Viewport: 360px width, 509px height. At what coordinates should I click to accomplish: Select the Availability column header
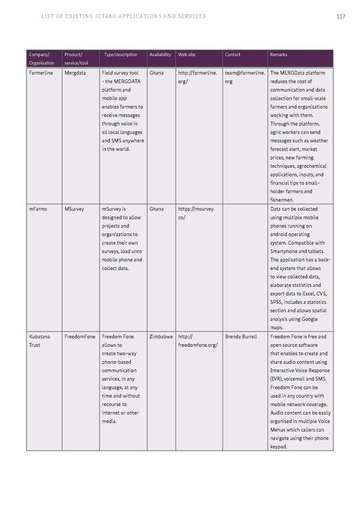[160, 54]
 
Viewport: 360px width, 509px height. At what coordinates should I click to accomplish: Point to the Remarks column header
[278, 54]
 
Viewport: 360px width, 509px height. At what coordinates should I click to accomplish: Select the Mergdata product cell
[75, 73]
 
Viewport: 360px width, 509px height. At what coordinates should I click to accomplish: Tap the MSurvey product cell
[75, 209]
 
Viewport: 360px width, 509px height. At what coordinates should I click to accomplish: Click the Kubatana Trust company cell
[39, 341]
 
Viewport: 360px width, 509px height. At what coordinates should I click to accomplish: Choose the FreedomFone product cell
[80, 337]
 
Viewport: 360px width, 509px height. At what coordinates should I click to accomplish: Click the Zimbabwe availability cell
[161, 337]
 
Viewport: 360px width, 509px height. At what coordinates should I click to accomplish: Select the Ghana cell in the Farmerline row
[156, 73]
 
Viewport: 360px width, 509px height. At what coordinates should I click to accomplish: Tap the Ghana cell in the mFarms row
[156, 209]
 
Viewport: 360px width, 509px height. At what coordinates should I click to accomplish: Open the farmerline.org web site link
[197, 77]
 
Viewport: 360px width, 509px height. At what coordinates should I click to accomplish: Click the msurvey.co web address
[196, 213]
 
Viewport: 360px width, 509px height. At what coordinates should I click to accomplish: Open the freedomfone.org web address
[197, 341]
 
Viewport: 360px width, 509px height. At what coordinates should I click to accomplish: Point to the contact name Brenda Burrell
[241, 337]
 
